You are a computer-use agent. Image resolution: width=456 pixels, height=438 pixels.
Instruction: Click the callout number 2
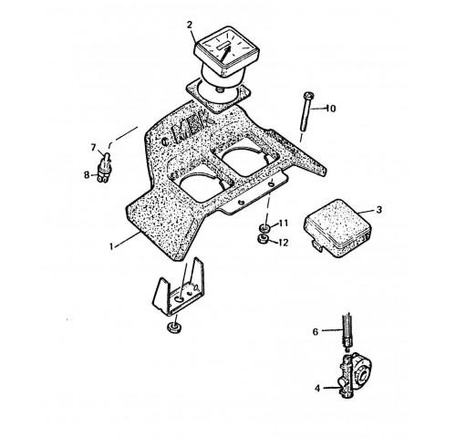190,25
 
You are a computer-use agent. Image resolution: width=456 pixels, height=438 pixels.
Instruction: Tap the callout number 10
331,109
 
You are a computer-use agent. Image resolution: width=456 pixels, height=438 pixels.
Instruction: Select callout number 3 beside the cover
378,210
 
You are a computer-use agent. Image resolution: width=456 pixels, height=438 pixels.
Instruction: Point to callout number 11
283,224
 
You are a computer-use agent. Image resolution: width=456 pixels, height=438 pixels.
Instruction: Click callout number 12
283,243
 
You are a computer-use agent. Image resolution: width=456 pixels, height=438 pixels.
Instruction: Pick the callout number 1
111,246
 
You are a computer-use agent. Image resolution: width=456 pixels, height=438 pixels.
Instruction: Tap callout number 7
93,148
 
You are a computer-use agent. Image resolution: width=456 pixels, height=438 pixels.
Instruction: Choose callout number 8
87,175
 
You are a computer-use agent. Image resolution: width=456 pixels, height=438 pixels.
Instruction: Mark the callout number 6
316,331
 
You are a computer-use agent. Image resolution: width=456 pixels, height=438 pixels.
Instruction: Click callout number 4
317,389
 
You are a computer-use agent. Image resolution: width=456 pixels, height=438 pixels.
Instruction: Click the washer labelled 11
264,227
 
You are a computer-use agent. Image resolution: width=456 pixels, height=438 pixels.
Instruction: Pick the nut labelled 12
263,238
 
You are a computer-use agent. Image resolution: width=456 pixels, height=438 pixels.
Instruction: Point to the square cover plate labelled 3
337,228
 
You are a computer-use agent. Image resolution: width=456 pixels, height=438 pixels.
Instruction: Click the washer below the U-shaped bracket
174,328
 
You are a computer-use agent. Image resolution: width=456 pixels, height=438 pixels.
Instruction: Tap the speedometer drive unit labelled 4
355,376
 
